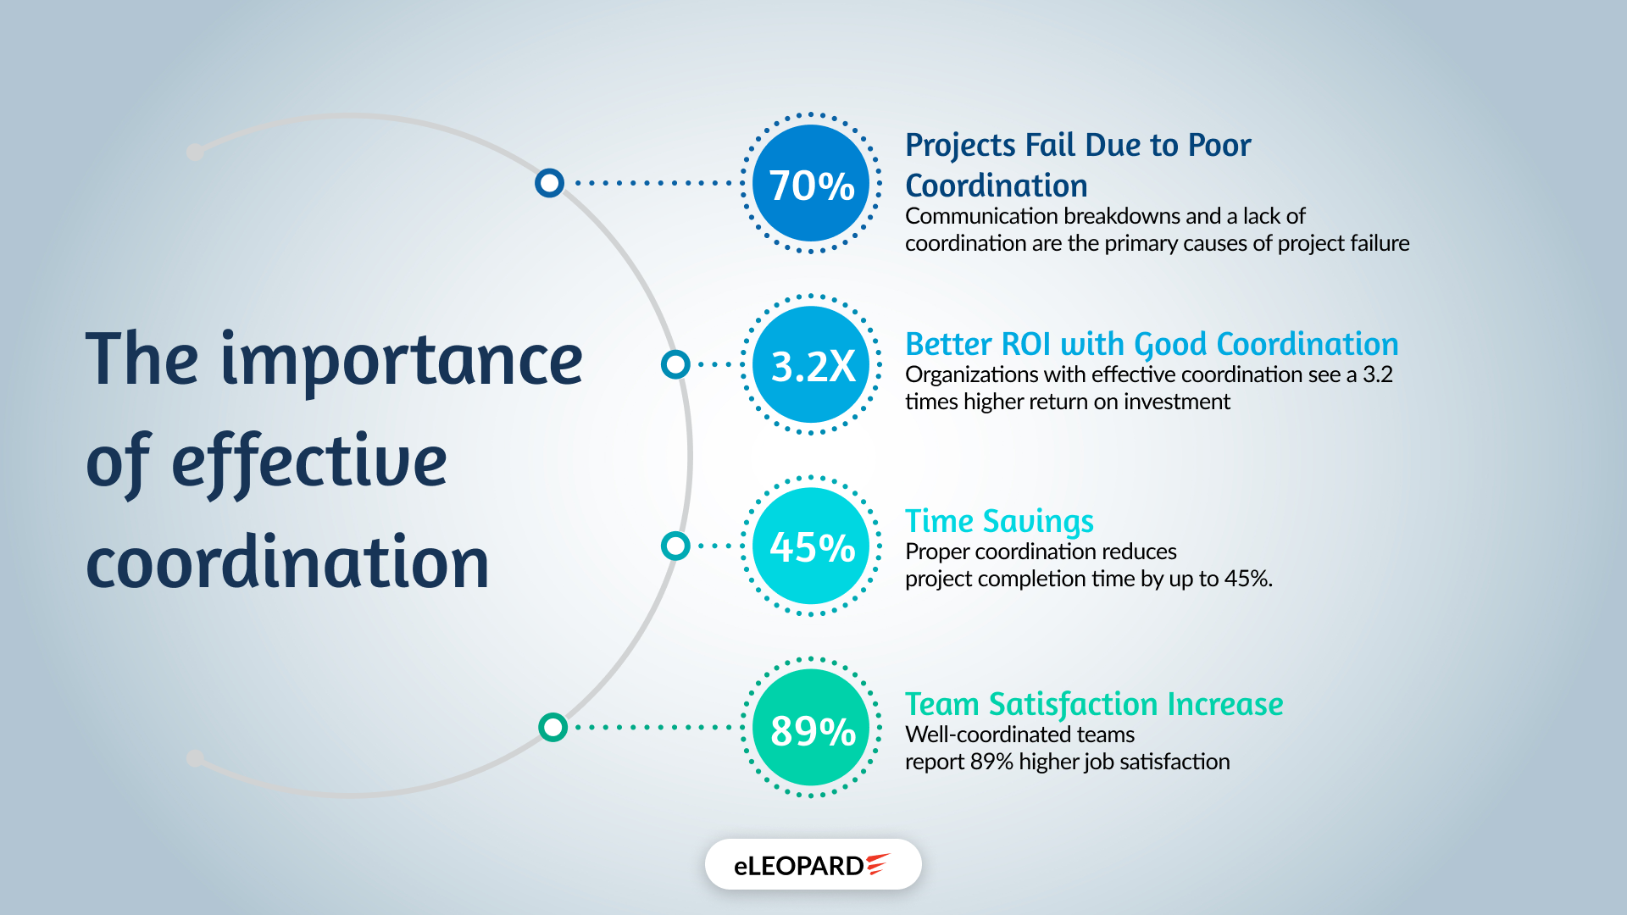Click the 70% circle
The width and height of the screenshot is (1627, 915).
[811, 184]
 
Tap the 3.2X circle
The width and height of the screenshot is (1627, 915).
[811, 365]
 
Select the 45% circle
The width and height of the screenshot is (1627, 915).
[811, 546]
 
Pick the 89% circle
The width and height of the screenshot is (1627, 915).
[811, 728]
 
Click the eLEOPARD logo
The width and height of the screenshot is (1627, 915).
[812, 865]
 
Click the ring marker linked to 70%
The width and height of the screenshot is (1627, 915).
[549, 183]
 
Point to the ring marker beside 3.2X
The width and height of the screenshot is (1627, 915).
[675, 364]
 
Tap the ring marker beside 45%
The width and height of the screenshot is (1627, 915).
[675, 546]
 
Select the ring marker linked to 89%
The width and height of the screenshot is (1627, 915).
[553, 727]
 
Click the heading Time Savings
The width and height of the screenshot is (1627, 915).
[999, 521]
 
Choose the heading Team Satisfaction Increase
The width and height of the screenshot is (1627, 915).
[1093, 704]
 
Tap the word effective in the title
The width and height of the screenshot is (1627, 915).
[309, 463]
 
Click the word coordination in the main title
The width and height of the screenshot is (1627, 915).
[288, 563]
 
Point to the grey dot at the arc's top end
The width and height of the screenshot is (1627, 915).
[195, 152]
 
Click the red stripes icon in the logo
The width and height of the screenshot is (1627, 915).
[878, 863]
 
